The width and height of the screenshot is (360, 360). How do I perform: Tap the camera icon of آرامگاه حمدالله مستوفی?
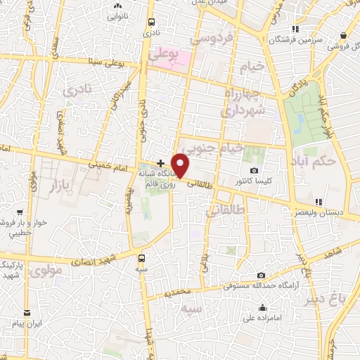[x=262, y=276]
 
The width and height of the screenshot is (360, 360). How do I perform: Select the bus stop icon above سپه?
[x=143, y=258]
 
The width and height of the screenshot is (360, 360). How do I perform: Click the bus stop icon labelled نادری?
[x=150, y=22]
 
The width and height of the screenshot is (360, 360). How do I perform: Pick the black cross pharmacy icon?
[x=160, y=163]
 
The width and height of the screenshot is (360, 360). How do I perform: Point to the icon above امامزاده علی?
[x=262, y=307]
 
